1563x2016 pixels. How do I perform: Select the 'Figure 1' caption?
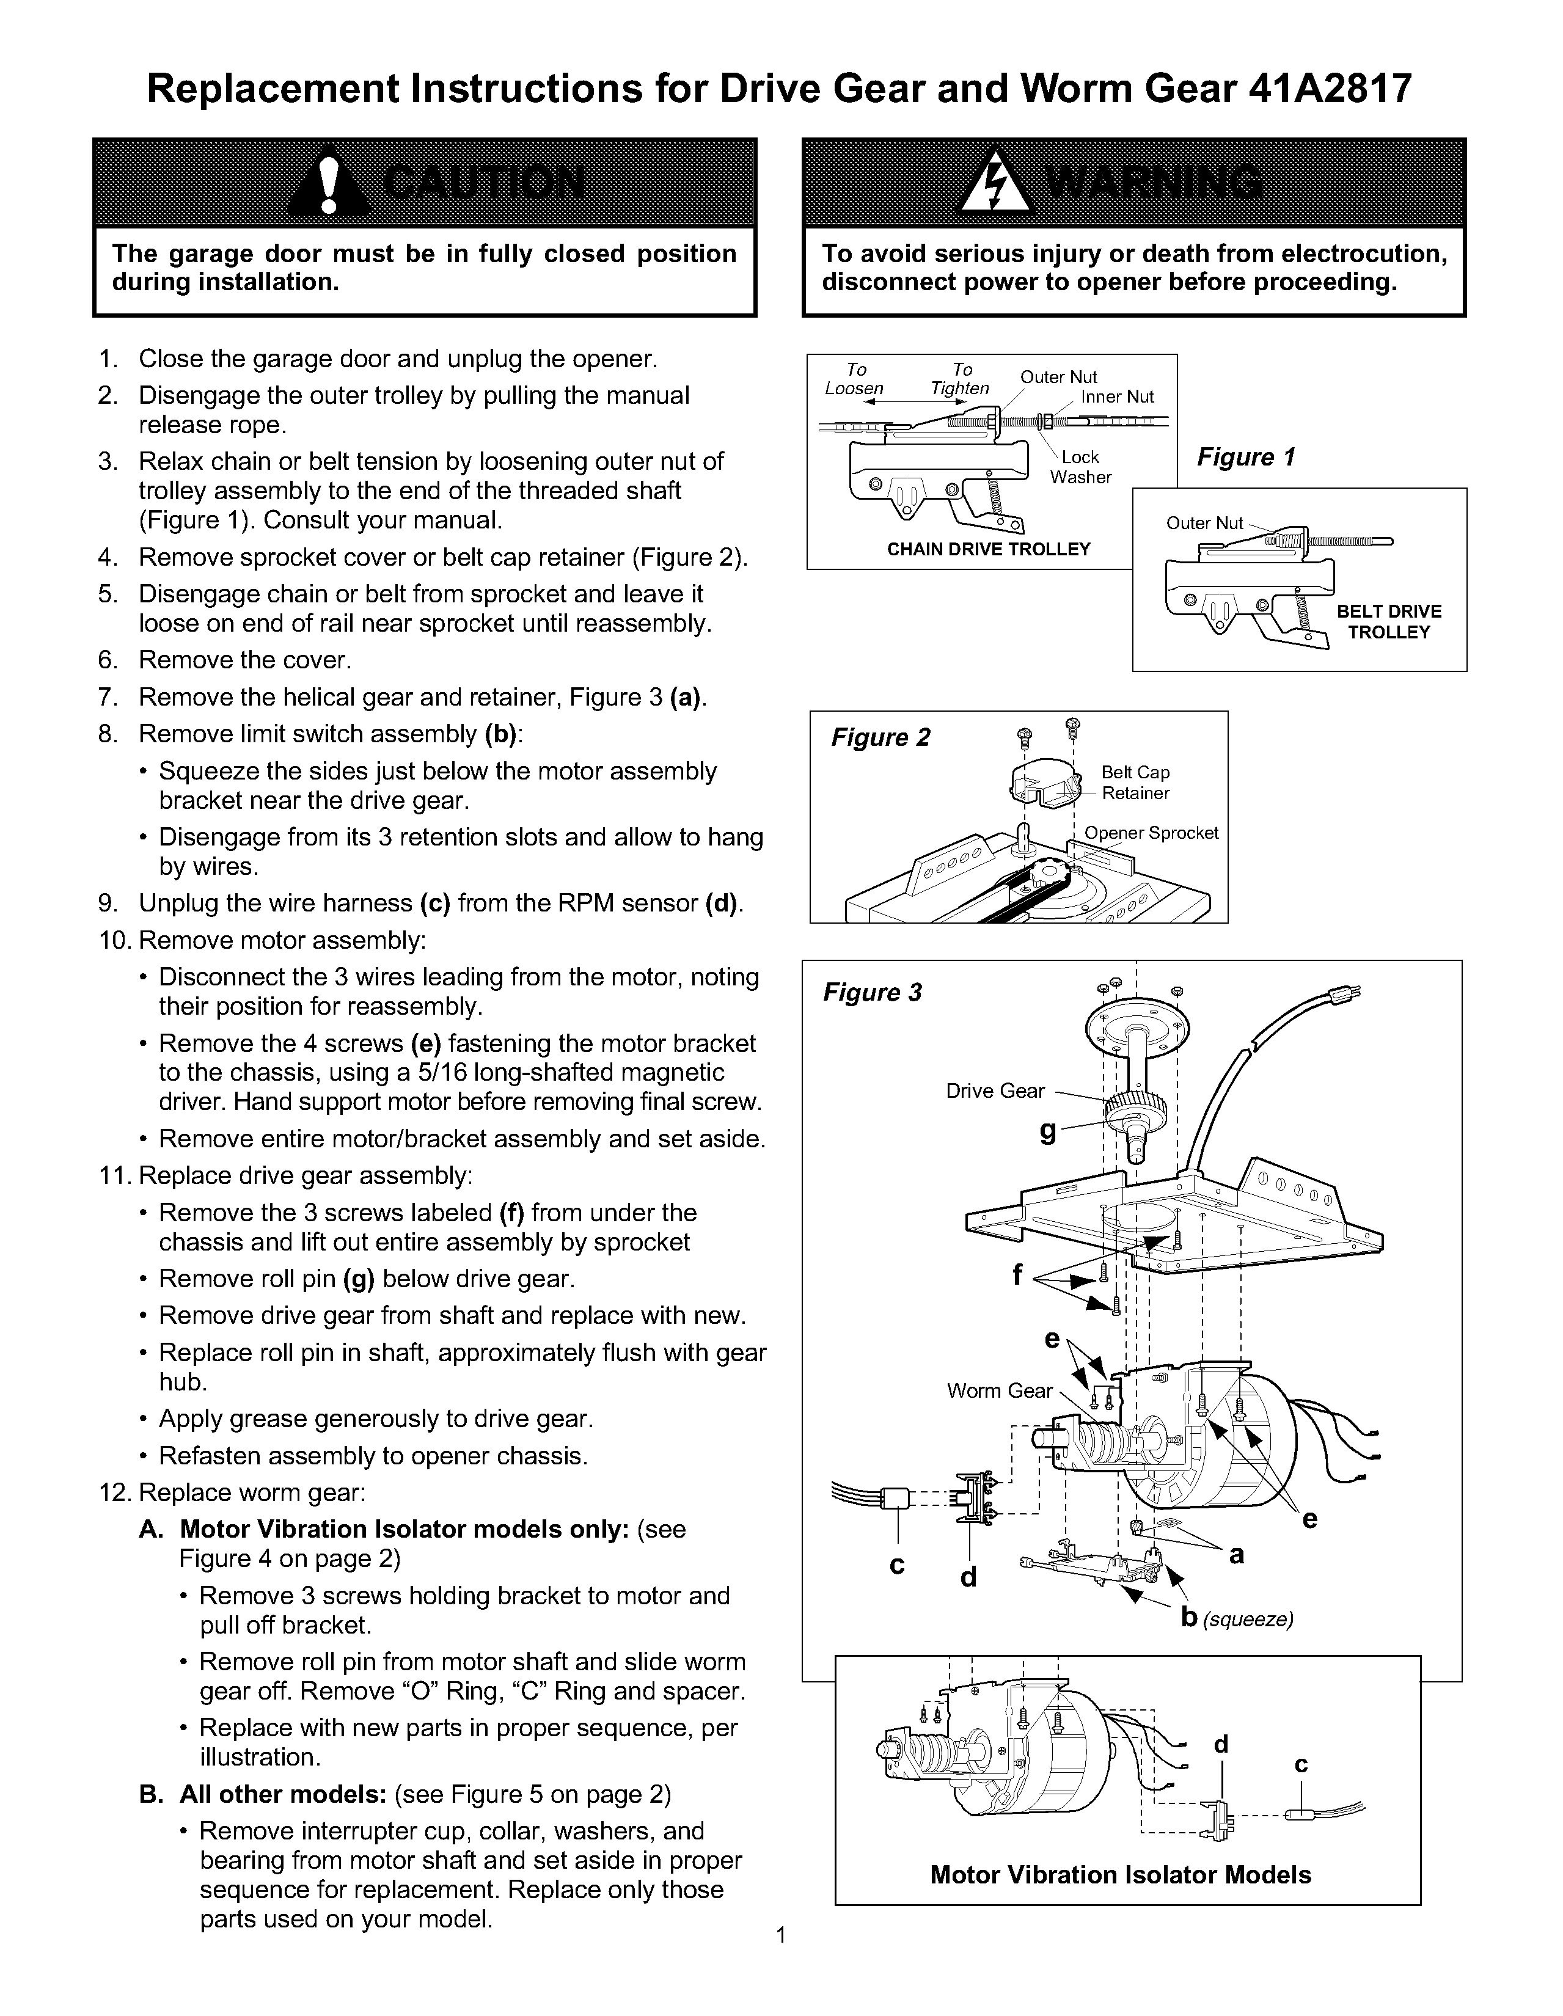coord(1245,457)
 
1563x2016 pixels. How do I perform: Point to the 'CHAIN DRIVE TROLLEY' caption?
coord(988,549)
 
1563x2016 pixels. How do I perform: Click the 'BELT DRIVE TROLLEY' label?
coord(1388,621)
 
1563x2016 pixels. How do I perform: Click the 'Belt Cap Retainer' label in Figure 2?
coord(1135,783)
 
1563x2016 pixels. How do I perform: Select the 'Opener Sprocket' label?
coord(1151,833)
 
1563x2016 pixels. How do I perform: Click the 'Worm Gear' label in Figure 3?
coord(999,1391)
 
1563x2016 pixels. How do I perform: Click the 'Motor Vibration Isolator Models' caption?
coord(1120,1875)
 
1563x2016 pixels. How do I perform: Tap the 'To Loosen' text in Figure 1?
coord(854,379)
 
